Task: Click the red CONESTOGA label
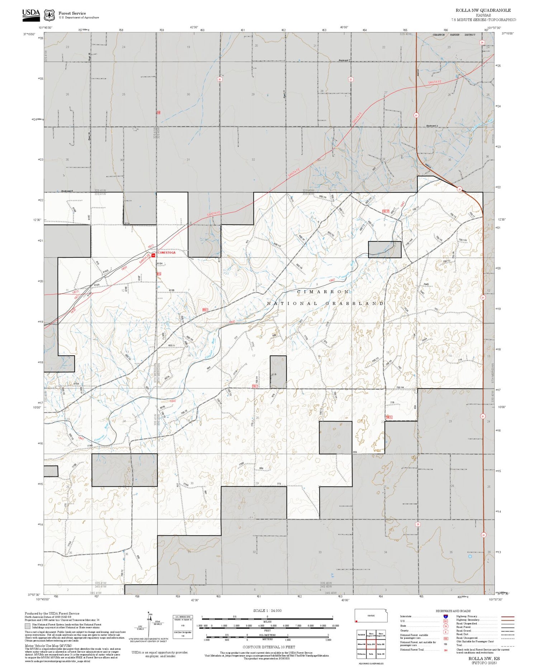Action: [167, 253]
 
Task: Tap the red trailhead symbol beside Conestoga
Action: [154, 255]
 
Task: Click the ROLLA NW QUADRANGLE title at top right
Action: [483, 10]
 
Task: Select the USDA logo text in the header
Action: [31, 13]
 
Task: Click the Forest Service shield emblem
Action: [49, 15]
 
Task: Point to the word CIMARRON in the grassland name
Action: [323, 292]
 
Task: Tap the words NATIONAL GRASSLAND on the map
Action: [325, 303]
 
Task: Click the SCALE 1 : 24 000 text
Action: [267, 611]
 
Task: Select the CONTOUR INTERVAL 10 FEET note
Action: [269, 647]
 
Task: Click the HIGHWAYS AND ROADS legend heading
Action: [453, 611]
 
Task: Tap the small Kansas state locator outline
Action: [371, 616]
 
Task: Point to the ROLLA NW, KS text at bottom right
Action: [484, 658]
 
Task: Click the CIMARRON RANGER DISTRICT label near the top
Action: [454, 35]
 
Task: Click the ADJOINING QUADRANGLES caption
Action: [371, 663]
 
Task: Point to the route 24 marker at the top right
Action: [482, 42]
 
